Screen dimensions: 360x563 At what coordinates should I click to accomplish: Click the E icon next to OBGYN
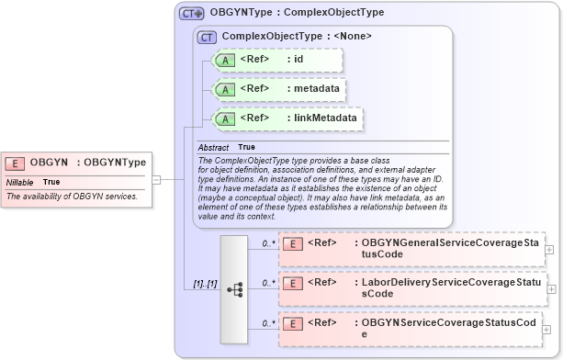15,163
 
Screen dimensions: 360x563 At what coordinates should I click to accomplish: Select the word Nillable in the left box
19,182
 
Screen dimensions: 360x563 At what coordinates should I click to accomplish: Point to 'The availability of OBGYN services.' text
72,197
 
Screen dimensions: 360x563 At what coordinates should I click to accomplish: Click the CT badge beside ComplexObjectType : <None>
208,36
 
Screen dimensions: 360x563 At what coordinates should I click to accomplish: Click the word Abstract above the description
214,147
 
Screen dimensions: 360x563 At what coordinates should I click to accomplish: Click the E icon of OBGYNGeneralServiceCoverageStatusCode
292,243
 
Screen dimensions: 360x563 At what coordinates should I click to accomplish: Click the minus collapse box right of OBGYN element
156,179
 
